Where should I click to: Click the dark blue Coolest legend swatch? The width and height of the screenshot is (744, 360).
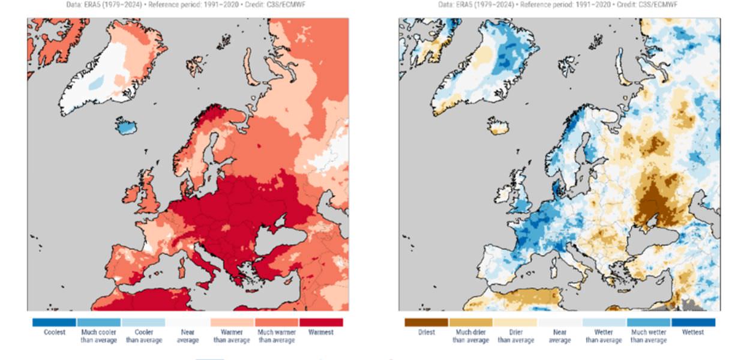[54, 322]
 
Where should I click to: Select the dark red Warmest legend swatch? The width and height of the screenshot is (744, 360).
[321, 322]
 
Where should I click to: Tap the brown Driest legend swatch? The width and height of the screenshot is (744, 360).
[426, 322]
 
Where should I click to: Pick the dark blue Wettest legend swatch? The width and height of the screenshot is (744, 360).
[693, 322]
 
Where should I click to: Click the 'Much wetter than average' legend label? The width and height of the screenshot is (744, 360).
[648, 336]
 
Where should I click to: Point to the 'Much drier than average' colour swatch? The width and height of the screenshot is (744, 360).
[470, 322]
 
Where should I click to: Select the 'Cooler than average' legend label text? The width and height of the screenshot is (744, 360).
[143, 336]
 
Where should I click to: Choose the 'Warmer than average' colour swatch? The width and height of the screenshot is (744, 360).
[232, 322]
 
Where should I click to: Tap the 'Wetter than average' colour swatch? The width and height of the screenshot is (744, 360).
[604, 322]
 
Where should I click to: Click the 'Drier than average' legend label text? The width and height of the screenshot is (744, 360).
[515, 336]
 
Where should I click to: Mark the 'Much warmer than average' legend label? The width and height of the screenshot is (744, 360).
[277, 336]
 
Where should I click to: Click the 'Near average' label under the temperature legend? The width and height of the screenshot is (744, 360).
[188, 336]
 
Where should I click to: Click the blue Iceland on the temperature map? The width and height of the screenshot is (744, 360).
[125, 127]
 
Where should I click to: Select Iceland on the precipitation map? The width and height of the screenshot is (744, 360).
[498, 126]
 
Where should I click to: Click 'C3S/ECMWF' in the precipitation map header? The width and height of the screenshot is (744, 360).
[659, 5]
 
